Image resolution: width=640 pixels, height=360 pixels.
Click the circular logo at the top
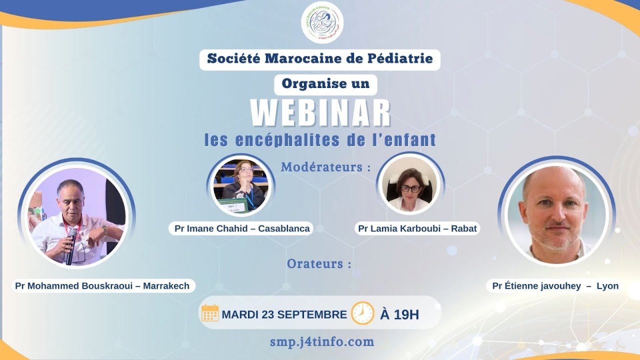pyautogui.click(x=322, y=22)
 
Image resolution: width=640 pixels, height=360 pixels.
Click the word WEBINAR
pyautogui.click(x=320, y=113)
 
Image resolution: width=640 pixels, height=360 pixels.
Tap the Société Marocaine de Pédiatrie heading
pyautogui.click(x=320, y=59)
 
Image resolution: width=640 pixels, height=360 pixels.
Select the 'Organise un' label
pyautogui.click(x=325, y=84)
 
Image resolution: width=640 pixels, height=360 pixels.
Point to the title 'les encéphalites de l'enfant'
pyautogui.click(x=320, y=139)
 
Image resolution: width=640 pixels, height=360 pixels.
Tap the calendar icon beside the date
pyautogui.click(x=210, y=313)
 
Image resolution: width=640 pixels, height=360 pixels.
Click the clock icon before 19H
pyautogui.click(x=362, y=313)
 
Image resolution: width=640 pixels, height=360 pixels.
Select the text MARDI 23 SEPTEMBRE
pyautogui.click(x=284, y=314)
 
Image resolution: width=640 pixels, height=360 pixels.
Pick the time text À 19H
pyautogui.click(x=399, y=314)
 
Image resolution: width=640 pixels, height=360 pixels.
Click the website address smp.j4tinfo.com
pyautogui.click(x=321, y=342)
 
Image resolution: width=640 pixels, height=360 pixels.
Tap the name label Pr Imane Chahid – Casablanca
pyautogui.click(x=242, y=228)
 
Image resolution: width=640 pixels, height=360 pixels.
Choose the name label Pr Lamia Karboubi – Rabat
pyautogui.click(x=417, y=228)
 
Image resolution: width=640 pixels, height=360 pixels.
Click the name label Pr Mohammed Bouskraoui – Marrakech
pyautogui.click(x=102, y=286)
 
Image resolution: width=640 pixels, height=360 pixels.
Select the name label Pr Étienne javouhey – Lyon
pyautogui.click(x=555, y=286)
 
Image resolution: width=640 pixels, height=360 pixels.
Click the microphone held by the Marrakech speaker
pyautogui.click(x=71, y=245)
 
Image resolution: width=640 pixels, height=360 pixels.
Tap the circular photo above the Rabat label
pyautogui.click(x=410, y=184)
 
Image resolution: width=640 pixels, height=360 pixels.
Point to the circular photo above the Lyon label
pyautogui.click(x=556, y=211)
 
